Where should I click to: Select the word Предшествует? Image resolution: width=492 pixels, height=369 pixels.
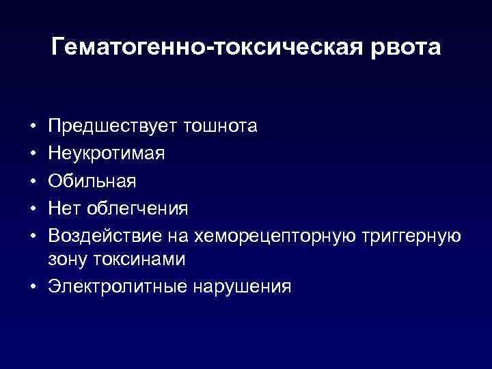[111, 126]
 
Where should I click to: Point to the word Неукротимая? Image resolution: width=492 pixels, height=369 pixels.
[107, 153]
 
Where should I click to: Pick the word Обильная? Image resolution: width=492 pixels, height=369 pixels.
[92, 180]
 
